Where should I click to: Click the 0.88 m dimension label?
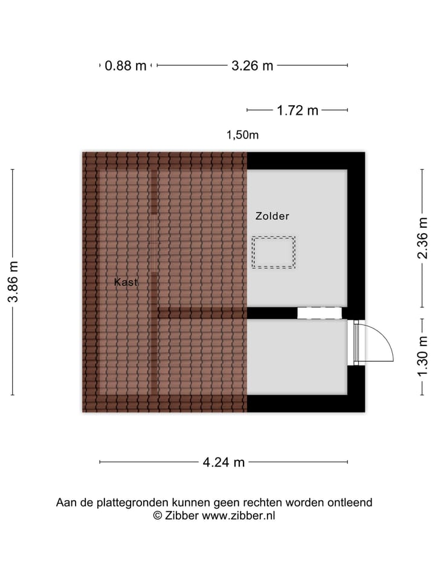tap(126, 66)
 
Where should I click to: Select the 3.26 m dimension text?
tap(253, 66)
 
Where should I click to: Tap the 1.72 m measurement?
tap(297, 111)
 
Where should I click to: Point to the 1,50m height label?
tap(242, 135)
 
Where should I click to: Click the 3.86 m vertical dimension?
tap(13, 282)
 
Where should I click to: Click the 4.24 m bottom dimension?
tap(224, 463)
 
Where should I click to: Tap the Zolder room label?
tap(272, 216)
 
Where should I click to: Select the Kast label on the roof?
tap(126, 282)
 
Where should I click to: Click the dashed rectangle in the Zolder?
tap(274, 252)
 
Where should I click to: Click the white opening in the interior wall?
tap(319, 313)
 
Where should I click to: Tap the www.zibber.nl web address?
tap(239, 515)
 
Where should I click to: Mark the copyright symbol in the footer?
tap(158, 515)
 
